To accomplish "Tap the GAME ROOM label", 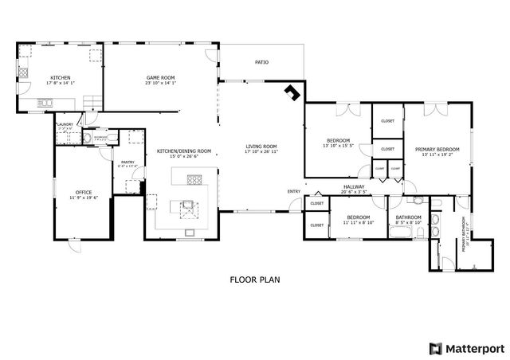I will (160, 77).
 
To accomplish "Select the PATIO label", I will (261, 61).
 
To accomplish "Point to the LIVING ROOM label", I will (261, 146).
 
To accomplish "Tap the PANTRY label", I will (127, 162).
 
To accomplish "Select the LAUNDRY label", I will (65, 124).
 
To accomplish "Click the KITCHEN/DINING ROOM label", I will (183, 151).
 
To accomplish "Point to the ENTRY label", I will (294, 191).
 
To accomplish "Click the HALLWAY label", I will (353, 186).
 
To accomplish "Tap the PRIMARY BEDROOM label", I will (437, 149).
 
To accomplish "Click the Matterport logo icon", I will (435, 348).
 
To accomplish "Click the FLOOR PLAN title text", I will (255, 280).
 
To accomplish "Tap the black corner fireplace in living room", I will (292, 92).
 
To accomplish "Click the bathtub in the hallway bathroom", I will (399, 232).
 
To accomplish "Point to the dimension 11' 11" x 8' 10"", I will (357, 222).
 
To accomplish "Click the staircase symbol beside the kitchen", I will (92, 102).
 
